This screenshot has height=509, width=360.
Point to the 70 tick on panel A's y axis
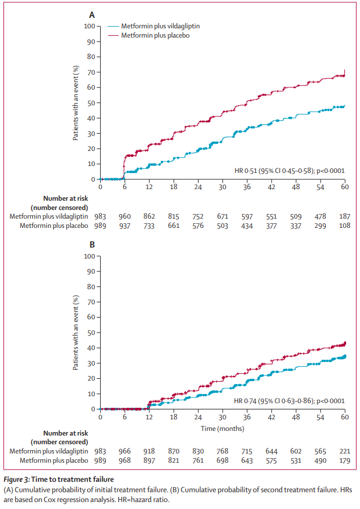click(x=91, y=72)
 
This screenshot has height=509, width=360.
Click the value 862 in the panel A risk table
click(x=149, y=216)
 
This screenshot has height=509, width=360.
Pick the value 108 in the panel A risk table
click(x=345, y=225)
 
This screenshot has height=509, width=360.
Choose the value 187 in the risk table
click(x=345, y=216)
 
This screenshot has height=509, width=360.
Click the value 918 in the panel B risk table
click(x=149, y=451)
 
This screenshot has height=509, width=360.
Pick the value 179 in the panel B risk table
click(x=345, y=460)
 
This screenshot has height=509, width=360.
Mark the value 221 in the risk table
click(x=345, y=451)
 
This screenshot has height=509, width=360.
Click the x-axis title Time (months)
click(x=223, y=429)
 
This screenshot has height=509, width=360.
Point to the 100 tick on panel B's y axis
click(x=89, y=256)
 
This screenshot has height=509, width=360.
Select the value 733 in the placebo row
click(x=149, y=225)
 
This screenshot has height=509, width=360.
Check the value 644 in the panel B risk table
click(x=271, y=451)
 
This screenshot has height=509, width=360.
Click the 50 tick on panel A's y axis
click(x=91, y=102)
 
